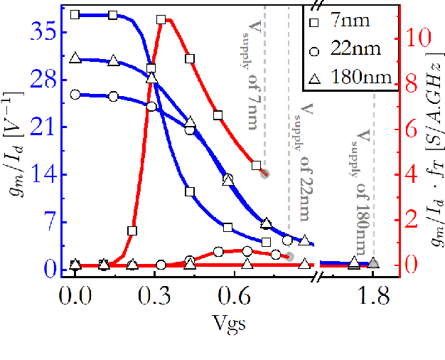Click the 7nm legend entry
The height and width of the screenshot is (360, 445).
point(348,21)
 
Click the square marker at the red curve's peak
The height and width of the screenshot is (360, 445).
point(161,20)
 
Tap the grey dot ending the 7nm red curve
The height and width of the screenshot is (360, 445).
point(264,173)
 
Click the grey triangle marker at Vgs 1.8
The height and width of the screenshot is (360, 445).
point(373,263)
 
